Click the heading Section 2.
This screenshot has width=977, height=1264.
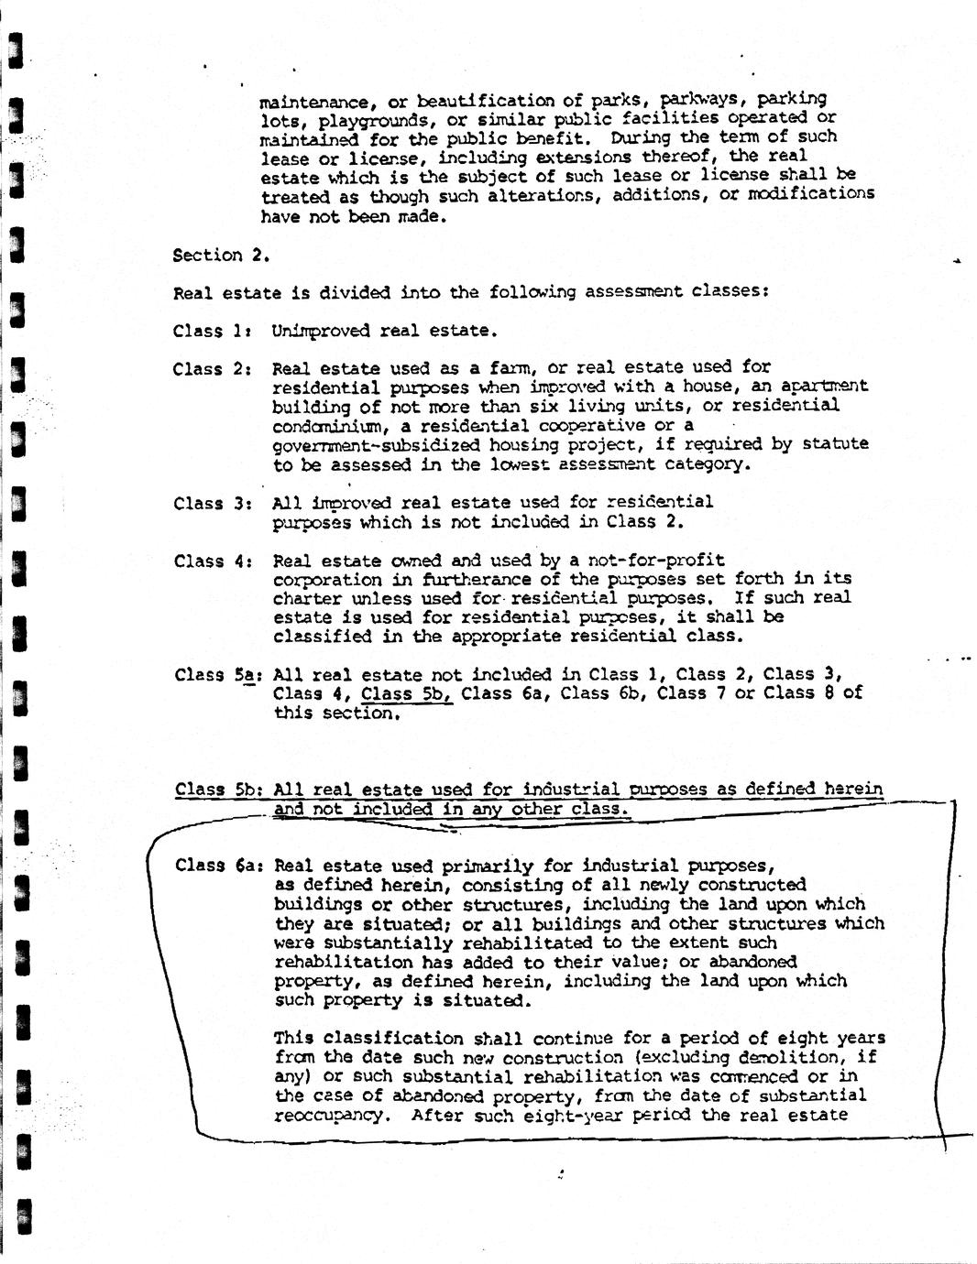point(220,256)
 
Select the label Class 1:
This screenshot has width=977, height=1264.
point(212,331)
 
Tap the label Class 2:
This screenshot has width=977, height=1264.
point(212,369)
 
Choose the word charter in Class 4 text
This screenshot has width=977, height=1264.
point(307,598)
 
